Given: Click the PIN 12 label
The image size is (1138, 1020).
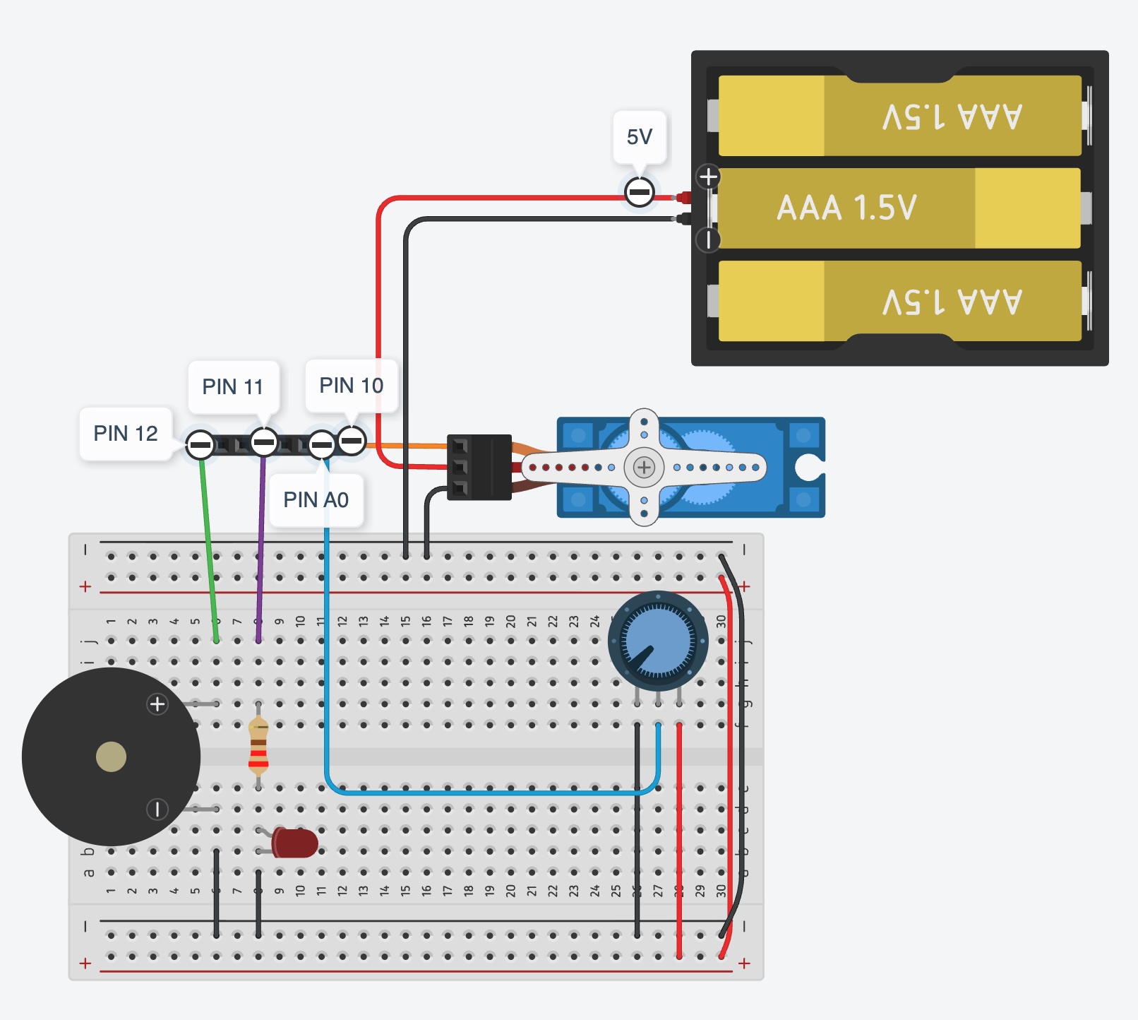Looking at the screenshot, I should tap(126, 433).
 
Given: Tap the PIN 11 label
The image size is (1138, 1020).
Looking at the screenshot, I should tap(232, 386).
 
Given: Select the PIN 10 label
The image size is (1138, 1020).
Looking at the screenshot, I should tap(351, 385).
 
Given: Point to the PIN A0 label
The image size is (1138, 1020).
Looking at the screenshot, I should tap(316, 499).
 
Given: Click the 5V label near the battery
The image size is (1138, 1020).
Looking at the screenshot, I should tap(640, 136).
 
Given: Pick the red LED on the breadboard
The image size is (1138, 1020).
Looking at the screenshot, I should tap(295, 843).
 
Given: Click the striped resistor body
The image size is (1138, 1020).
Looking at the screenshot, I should tap(258, 745).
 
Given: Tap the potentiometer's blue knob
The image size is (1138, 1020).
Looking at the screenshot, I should tap(658, 641).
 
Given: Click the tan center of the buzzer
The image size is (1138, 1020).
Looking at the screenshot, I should tap(111, 757).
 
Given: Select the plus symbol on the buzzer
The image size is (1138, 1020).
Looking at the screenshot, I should tap(157, 704).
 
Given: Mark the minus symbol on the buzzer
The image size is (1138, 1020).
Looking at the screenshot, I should tap(157, 809).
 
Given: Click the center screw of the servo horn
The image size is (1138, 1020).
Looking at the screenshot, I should tap(644, 467).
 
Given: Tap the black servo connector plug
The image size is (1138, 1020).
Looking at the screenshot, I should tap(480, 467).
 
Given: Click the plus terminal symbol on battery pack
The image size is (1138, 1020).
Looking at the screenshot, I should tap(708, 177).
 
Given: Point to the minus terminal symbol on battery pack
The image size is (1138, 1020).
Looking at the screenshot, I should tap(708, 239).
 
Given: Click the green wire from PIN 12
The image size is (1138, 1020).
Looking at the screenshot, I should tap(208, 544).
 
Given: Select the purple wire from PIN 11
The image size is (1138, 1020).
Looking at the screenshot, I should tap(261, 544).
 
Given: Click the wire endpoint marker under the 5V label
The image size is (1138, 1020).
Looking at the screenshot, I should tap(640, 192).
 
